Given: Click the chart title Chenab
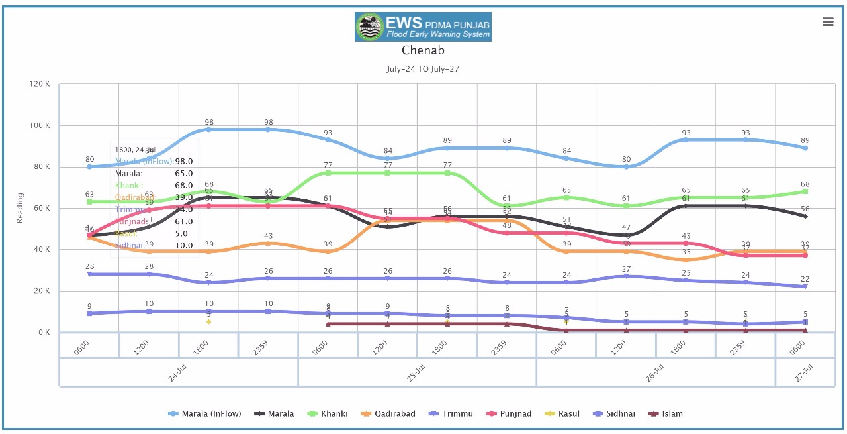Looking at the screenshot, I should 423,50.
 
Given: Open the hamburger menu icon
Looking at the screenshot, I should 828,21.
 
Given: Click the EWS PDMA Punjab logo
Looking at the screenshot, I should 423,27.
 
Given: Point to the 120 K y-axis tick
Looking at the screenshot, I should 40,85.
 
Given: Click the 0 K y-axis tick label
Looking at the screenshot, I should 44,333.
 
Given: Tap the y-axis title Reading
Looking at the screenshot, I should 21,208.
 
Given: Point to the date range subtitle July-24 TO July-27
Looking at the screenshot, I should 423,69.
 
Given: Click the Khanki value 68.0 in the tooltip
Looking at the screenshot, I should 184,186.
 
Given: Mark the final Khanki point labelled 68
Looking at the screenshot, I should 805,191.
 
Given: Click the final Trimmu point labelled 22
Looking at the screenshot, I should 805,286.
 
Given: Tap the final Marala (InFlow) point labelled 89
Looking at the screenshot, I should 805,148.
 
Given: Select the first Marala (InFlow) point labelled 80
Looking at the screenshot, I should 89,166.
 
